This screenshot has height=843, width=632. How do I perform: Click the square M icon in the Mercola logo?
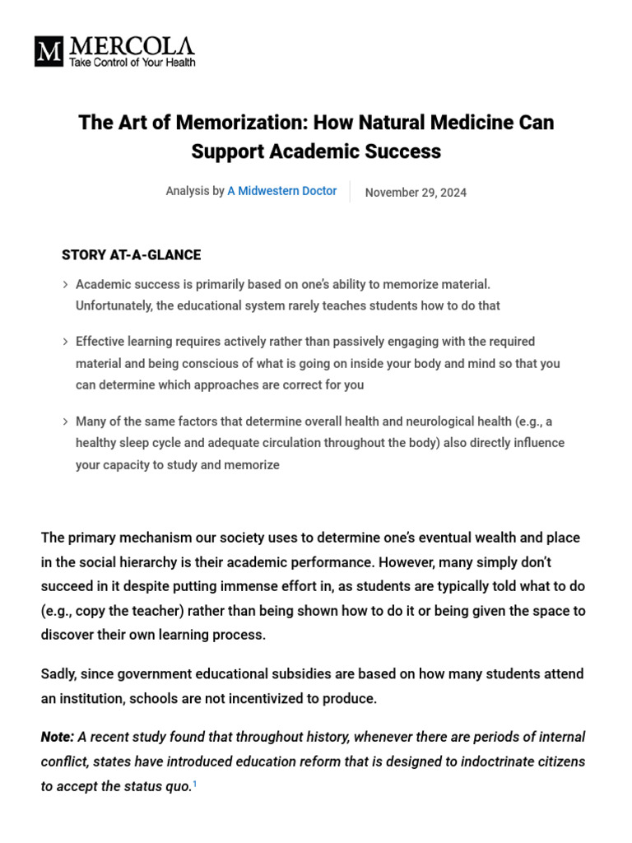click(x=49, y=51)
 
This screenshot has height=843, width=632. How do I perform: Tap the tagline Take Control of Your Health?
click(x=132, y=63)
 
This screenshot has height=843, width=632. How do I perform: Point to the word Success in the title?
click(x=403, y=151)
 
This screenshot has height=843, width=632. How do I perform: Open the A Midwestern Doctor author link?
click(x=281, y=191)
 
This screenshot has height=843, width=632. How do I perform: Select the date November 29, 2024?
click(x=416, y=193)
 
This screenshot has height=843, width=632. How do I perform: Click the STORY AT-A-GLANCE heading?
click(x=131, y=255)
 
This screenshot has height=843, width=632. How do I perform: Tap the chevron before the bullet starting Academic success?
click(x=65, y=285)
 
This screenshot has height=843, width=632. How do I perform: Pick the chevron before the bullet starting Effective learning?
click(x=65, y=342)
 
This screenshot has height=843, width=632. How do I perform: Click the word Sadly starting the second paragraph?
click(x=58, y=673)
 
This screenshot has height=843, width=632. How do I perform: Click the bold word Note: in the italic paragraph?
click(x=58, y=737)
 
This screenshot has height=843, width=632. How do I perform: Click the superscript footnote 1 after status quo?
click(x=194, y=785)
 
